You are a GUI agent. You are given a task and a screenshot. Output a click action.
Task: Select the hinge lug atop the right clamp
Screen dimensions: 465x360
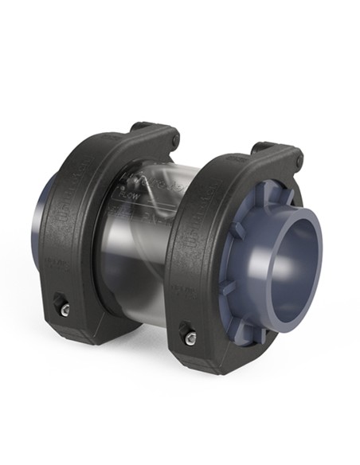click(x=275, y=151)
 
